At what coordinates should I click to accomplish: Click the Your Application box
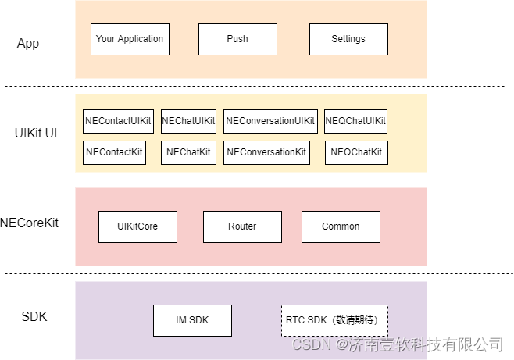pyautogui.click(x=130, y=39)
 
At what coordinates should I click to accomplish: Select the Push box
pyautogui.click(x=237, y=39)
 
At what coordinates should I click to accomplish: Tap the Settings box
pyautogui.click(x=348, y=39)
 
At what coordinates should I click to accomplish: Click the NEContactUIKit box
pyautogui.click(x=118, y=121)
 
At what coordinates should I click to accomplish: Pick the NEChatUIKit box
pyautogui.click(x=188, y=121)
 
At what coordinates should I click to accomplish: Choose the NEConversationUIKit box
pyautogui.click(x=270, y=121)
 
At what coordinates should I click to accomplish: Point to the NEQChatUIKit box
pyautogui.click(x=355, y=121)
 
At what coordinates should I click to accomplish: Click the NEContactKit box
pyautogui.click(x=115, y=152)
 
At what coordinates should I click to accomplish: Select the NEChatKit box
pyautogui.click(x=188, y=152)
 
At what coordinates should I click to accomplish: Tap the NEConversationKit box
pyautogui.click(x=266, y=152)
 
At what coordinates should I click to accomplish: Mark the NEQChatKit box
pyautogui.click(x=356, y=152)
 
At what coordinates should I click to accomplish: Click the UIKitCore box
pyautogui.click(x=137, y=226)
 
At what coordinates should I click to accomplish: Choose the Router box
pyautogui.click(x=242, y=226)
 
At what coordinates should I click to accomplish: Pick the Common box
pyautogui.click(x=341, y=226)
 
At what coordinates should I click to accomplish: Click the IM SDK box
pyautogui.click(x=192, y=320)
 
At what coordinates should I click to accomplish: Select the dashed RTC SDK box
pyautogui.click(x=334, y=320)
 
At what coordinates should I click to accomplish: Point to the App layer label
pyautogui.click(x=28, y=43)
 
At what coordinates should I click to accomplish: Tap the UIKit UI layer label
pyautogui.click(x=36, y=133)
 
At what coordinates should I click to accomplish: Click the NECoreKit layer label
pyautogui.click(x=30, y=223)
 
